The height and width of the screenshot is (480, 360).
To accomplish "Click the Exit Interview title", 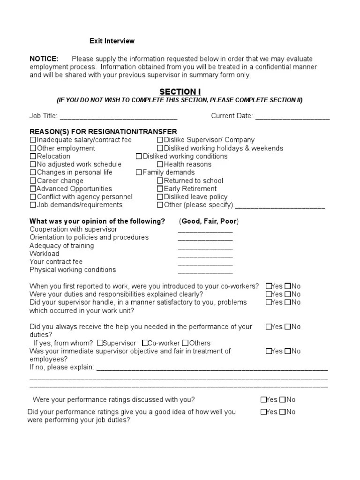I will (112, 41).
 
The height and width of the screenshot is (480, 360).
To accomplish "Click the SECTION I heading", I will (180, 91).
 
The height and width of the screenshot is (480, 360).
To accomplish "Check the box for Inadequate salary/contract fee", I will (33, 140).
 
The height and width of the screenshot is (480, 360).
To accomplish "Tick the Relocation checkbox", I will (33, 157).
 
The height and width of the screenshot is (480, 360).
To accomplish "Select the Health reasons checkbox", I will (160, 165).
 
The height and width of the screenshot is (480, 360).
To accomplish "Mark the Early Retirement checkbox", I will (160, 189).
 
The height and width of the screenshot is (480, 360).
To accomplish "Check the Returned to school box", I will (160, 181).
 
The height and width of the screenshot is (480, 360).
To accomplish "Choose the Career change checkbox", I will (33, 181).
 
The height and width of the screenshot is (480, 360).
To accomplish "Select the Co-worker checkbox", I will (146, 343).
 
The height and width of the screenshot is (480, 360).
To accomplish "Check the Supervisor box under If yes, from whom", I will (100, 343).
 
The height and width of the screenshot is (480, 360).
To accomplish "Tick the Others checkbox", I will (185, 343).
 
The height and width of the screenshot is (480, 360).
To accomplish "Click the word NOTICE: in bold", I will (44, 59).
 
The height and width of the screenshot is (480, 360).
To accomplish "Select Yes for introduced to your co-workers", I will (269, 286).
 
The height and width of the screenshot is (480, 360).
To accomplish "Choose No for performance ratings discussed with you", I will (282, 400).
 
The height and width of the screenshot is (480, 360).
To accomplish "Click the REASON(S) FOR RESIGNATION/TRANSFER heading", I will (103, 132).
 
